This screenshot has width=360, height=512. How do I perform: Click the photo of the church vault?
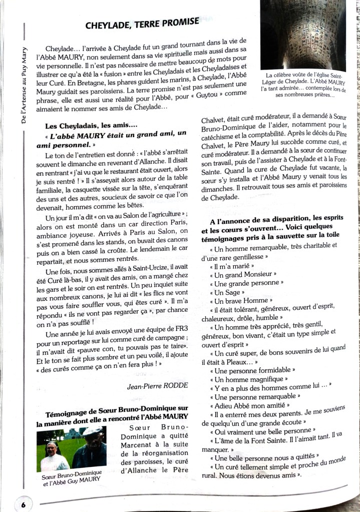coord(302,35)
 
